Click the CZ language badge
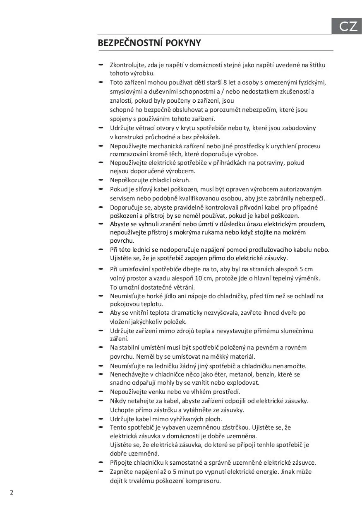point(348,27)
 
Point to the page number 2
point(12,492)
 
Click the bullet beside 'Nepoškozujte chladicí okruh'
point(101,180)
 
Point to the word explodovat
point(242,383)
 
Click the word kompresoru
point(203,481)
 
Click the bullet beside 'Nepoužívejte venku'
point(101,391)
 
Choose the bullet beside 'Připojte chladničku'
point(101,462)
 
